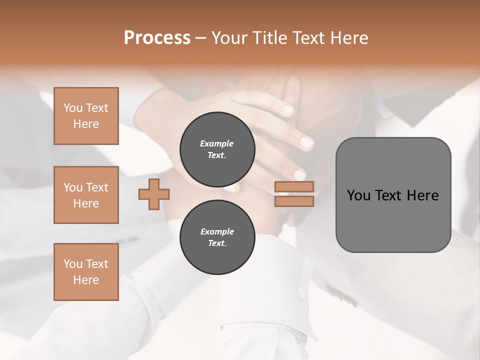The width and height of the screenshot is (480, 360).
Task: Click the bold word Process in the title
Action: [x=157, y=38]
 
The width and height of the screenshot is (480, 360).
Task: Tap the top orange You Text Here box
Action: [x=86, y=116]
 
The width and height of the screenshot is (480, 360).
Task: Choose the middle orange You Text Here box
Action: [x=86, y=195]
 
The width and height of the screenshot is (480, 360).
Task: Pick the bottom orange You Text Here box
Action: [x=86, y=272]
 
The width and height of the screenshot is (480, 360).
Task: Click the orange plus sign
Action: [x=154, y=194]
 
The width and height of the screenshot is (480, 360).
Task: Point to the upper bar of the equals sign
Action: [x=294, y=187]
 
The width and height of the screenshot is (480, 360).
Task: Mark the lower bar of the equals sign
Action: [x=294, y=201]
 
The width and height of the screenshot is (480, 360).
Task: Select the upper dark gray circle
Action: [x=217, y=149]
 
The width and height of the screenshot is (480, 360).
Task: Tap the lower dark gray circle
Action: [x=217, y=237]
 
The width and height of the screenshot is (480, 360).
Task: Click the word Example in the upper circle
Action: [x=217, y=143]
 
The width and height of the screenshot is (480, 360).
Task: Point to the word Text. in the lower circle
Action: [x=217, y=243]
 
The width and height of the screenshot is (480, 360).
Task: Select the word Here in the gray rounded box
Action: [x=422, y=195]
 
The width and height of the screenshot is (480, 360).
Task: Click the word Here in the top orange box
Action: [x=86, y=124]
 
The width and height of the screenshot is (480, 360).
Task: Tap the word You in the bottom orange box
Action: [x=72, y=264]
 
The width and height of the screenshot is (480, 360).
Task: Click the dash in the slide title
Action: [x=200, y=38]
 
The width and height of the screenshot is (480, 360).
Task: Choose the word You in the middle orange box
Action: [x=72, y=187]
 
